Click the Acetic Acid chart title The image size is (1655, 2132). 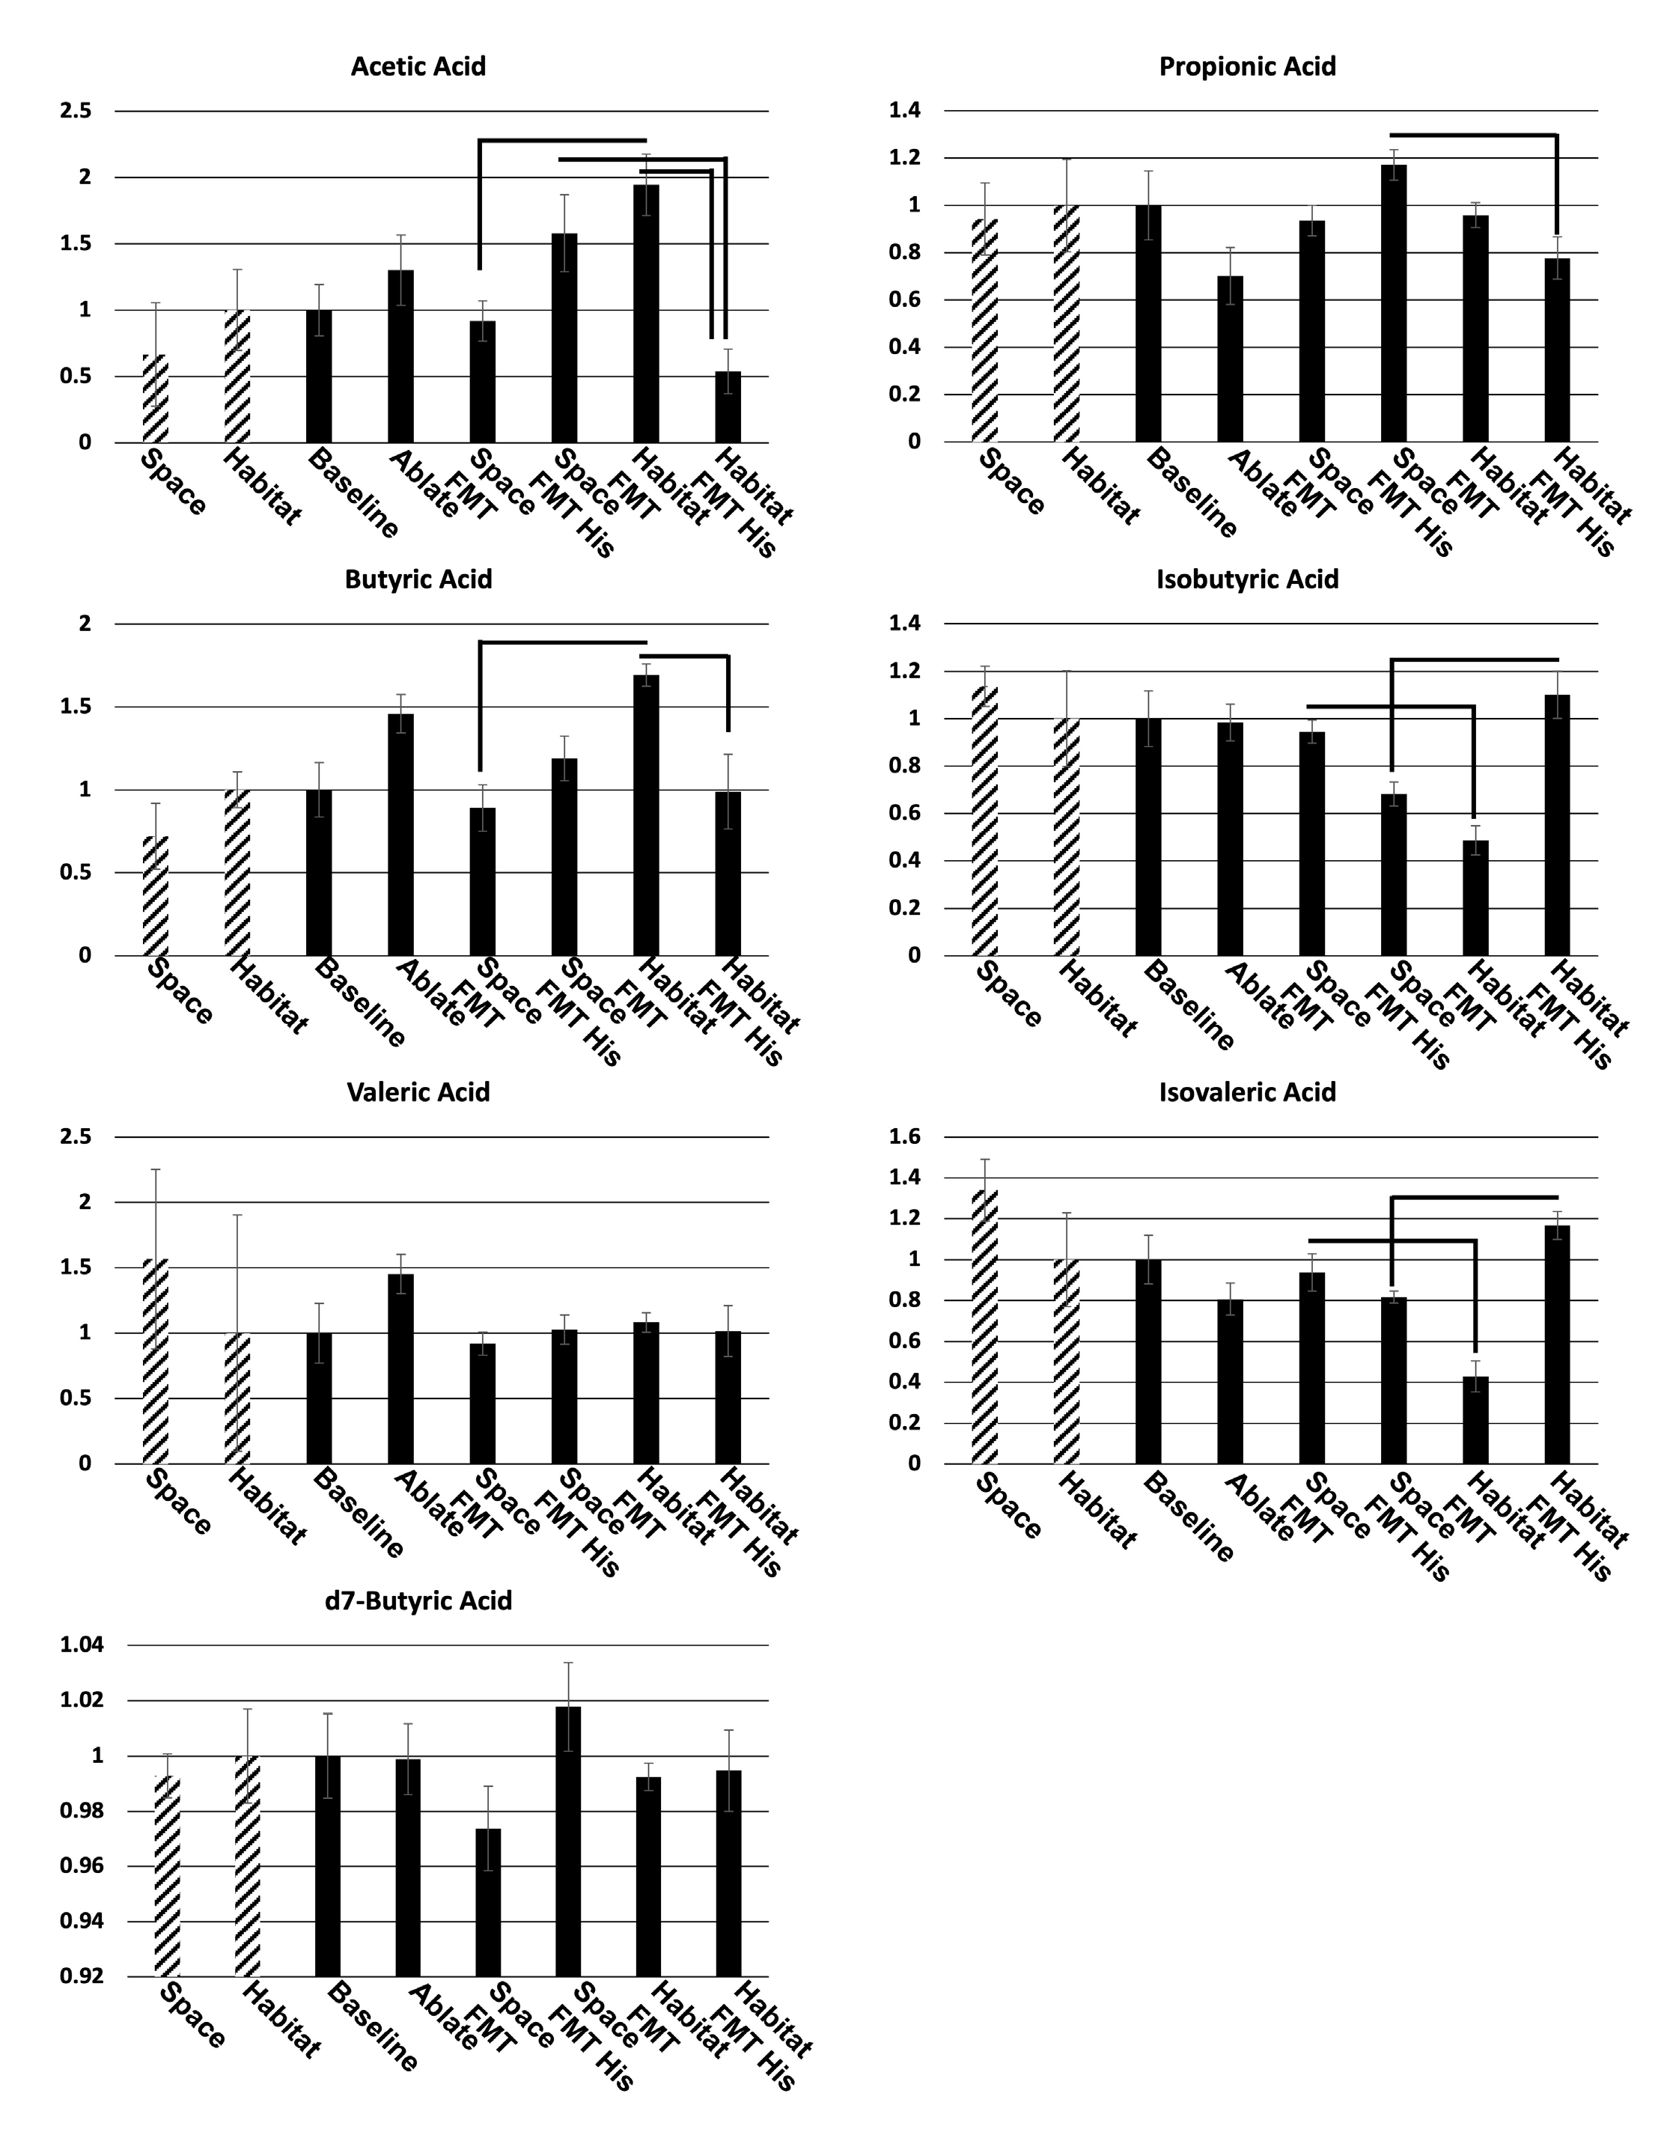418,67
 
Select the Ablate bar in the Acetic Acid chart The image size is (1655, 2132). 401,356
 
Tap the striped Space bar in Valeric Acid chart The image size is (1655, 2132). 156,1362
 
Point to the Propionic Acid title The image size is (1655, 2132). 1247,67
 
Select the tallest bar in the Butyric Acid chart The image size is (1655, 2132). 646,815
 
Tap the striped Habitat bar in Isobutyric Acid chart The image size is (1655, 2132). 1067,837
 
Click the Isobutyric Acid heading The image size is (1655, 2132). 1247,579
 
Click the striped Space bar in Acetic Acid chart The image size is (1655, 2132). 156,398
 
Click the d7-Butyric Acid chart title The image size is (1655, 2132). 418,1601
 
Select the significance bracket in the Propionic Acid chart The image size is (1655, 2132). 1474,135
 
